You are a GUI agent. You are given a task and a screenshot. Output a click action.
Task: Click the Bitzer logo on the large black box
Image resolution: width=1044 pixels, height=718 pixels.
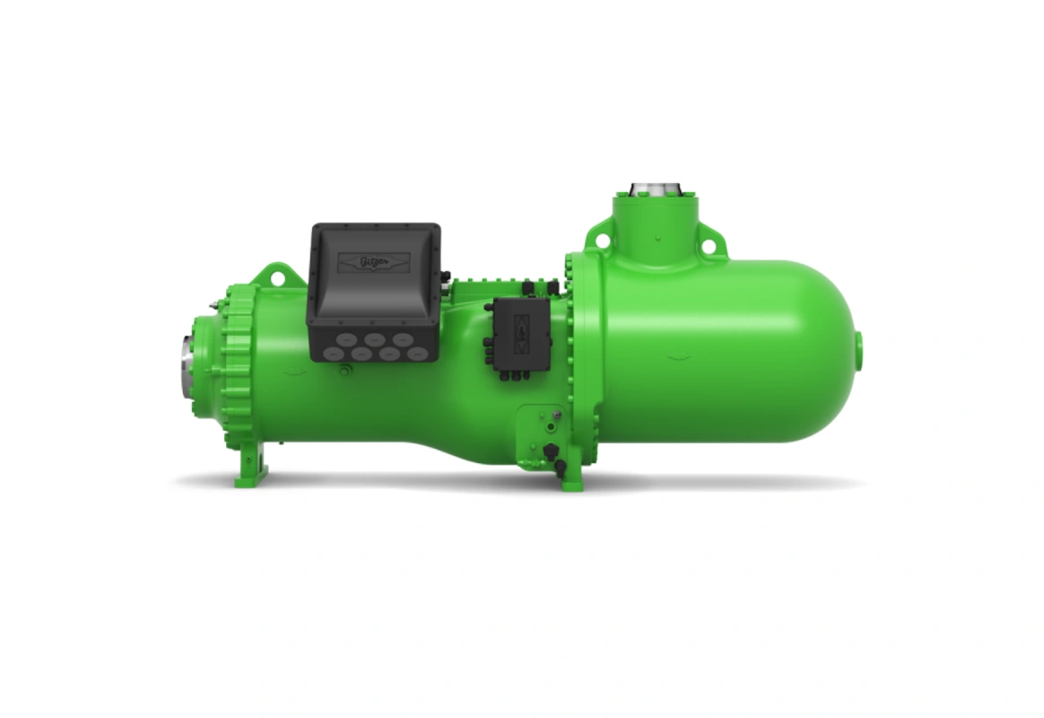372,261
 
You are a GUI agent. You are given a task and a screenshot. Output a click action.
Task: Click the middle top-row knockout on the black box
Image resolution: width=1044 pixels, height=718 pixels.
375,339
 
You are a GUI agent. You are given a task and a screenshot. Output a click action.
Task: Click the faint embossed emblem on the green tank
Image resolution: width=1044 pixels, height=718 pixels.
682,355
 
